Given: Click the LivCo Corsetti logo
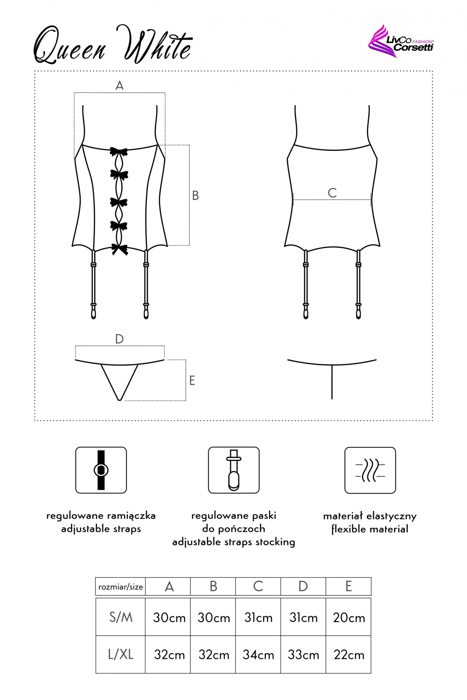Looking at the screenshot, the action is click(401, 41).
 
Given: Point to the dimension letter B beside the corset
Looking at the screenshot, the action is click(195, 196).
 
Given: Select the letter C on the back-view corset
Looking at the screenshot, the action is click(332, 193).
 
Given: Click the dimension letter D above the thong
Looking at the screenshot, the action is click(120, 339).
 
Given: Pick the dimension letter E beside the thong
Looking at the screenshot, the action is click(192, 380).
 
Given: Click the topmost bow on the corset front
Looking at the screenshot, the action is click(118, 151).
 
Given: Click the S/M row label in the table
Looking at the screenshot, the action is click(121, 618).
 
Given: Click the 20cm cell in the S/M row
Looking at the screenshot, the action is click(349, 618).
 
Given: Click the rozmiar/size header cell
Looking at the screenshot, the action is click(121, 587).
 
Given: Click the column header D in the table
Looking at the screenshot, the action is click(303, 586).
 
